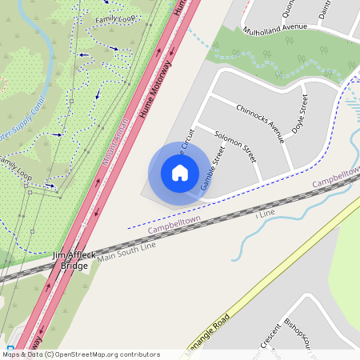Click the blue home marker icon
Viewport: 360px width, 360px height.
[180, 173]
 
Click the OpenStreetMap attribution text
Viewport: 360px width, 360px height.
[81, 354]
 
